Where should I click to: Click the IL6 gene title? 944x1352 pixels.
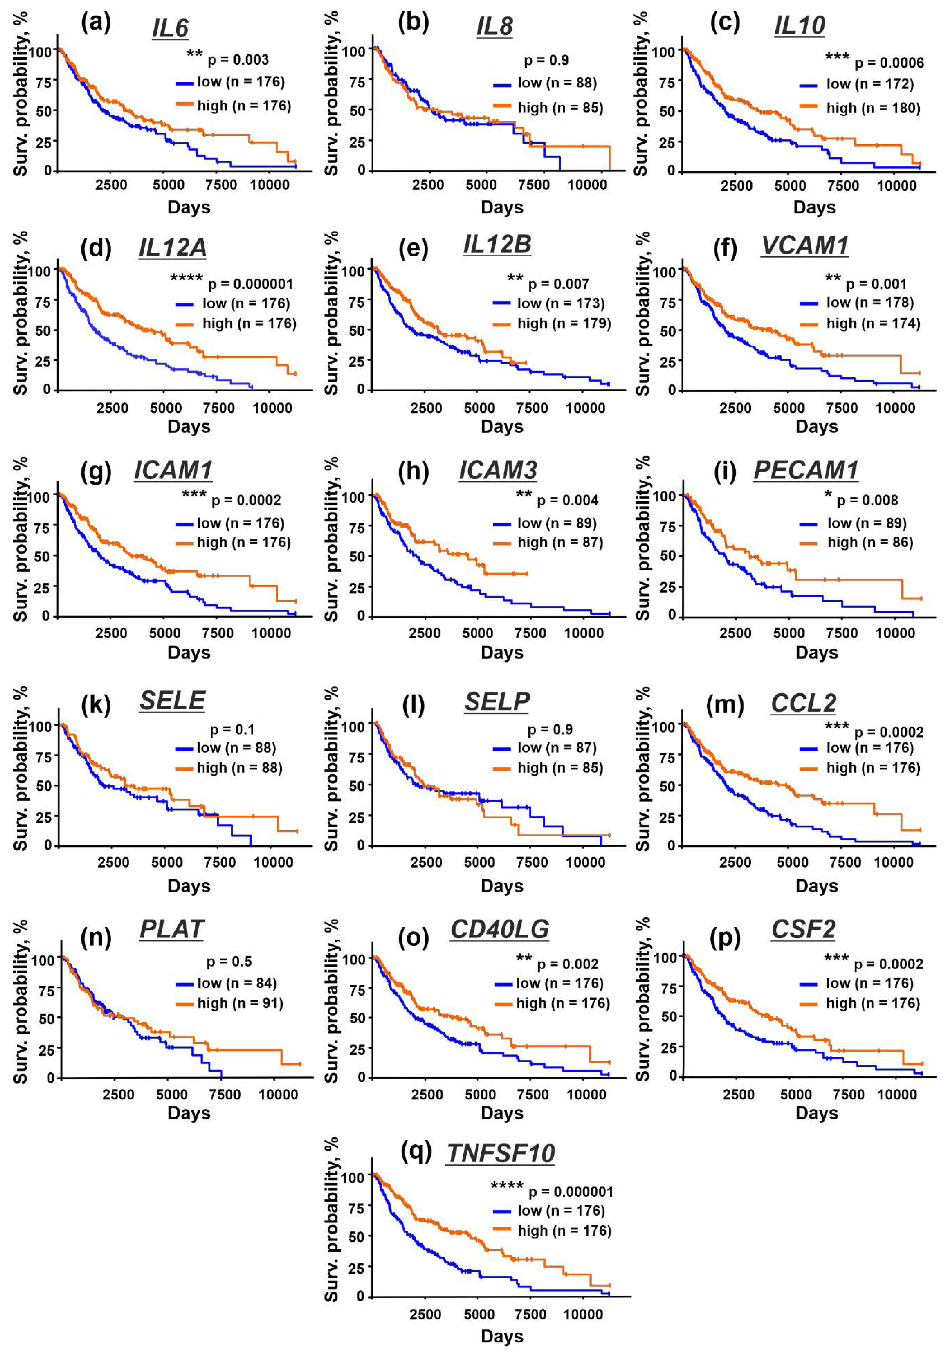click(x=170, y=28)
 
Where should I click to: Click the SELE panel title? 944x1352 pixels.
click(x=172, y=701)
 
